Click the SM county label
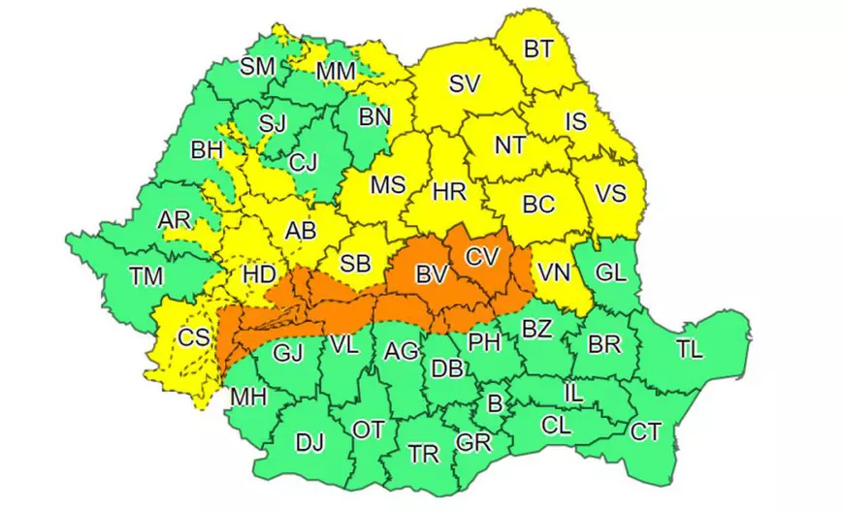[258, 66]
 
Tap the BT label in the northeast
[538, 48]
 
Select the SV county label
[465, 84]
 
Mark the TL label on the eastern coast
[691, 350]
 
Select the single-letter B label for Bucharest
[494, 402]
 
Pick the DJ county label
[309, 443]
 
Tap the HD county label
[258, 274]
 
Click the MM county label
[337, 71]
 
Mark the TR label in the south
[423, 453]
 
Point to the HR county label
[449, 192]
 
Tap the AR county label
[175, 221]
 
